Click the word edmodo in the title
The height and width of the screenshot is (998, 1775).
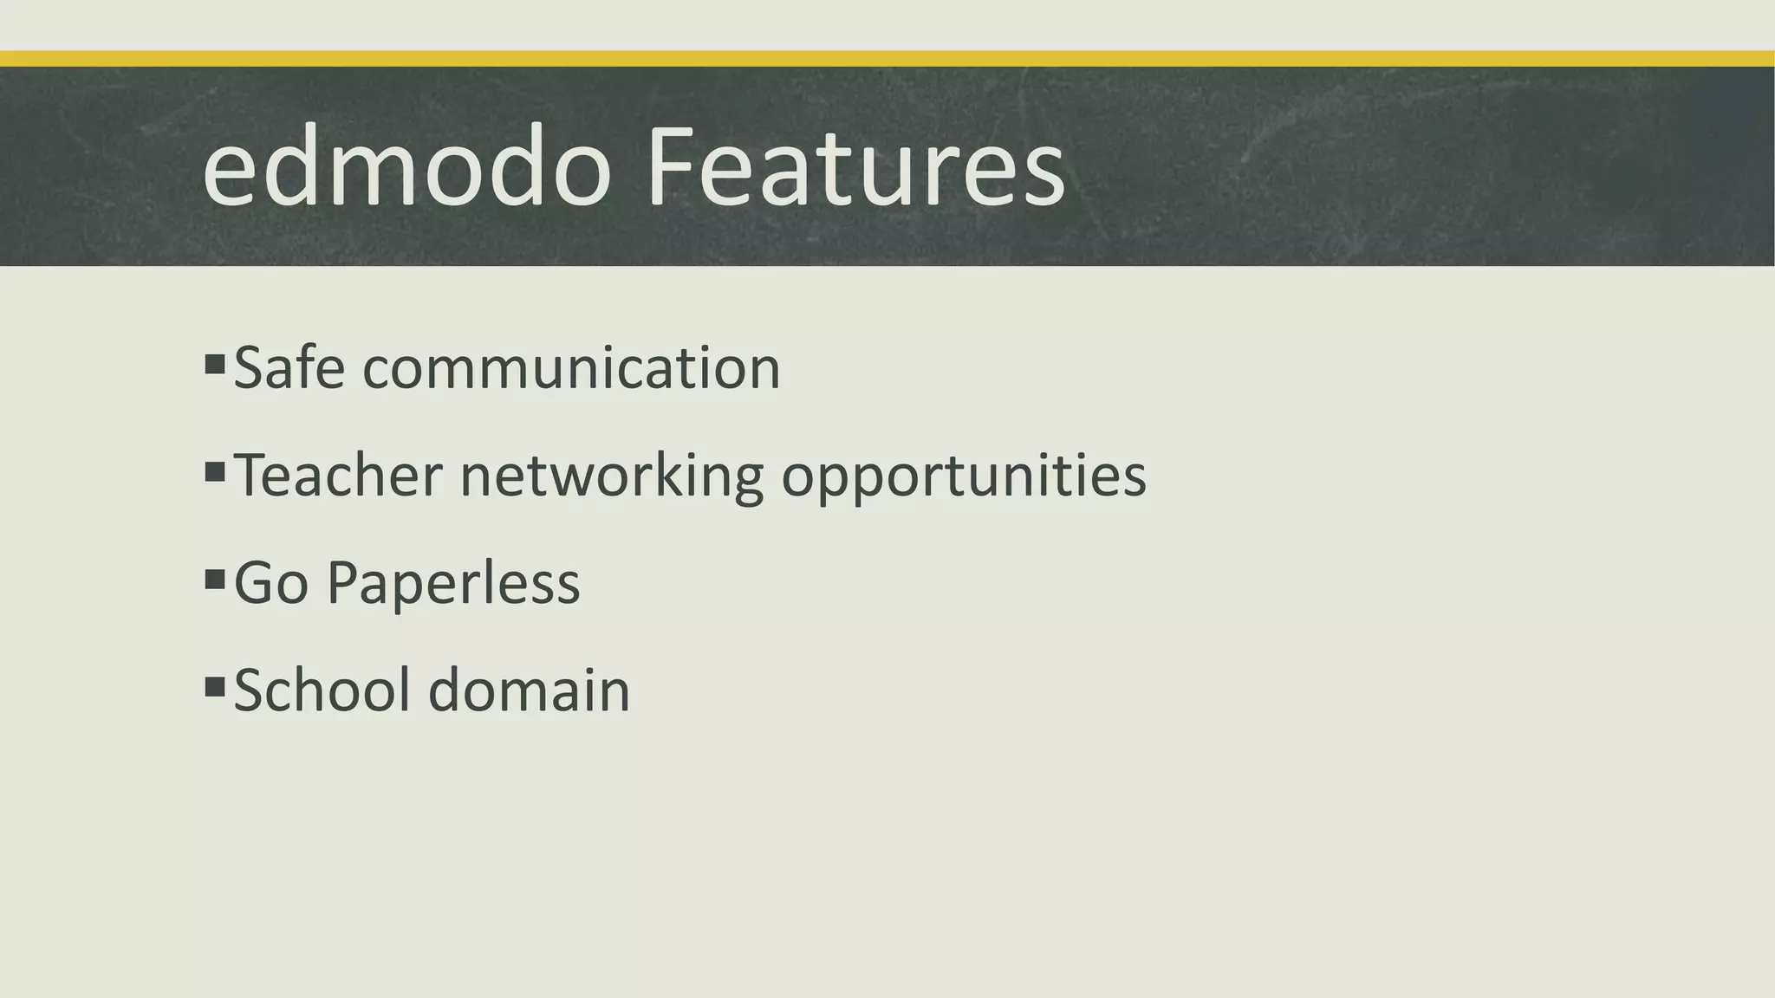click(x=407, y=166)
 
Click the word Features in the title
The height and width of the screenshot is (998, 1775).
click(x=855, y=166)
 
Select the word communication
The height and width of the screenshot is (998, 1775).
click(x=571, y=369)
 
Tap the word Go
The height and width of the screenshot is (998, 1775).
click(x=271, y=583)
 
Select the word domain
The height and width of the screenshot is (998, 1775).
click(x=530, y=690)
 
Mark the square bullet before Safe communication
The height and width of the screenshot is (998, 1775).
click(x=215, y=363)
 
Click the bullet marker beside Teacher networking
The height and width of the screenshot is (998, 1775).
click(x=215, y=471)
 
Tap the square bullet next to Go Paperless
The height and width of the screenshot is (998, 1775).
click(x=215, y=579)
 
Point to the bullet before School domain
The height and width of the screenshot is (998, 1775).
click(x=215, y=687)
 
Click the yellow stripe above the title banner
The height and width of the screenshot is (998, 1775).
click(x=887, y=59)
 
